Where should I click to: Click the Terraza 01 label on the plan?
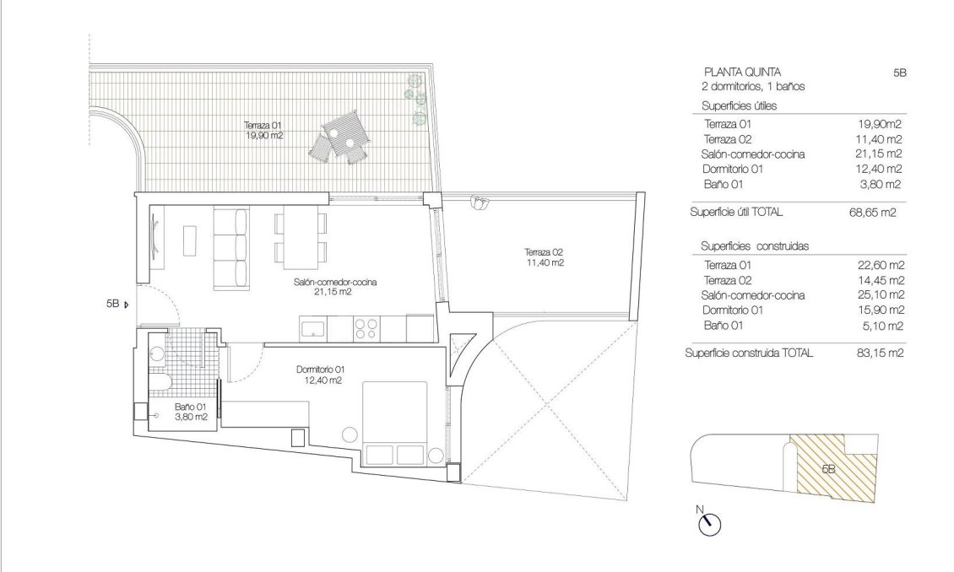click(x=264, y=129)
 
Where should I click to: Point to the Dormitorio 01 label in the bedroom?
click(x=319, y=375)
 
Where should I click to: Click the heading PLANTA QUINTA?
click(x=742, y=72)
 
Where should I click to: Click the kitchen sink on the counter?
click(x=314, y=327)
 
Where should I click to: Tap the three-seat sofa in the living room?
click(x=230, y=247)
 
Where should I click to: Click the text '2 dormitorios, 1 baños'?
click(x=753, y=87)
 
